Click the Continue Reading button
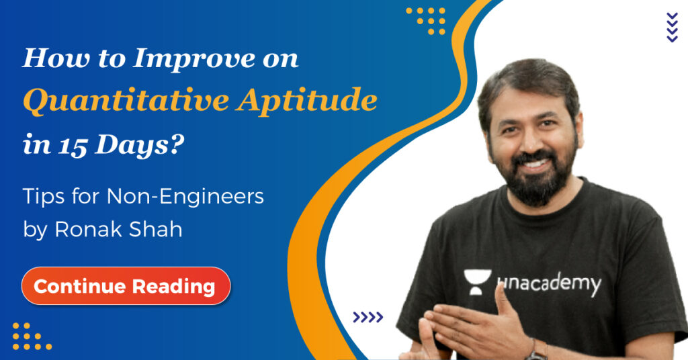pyautogui.click(x=126, y=286)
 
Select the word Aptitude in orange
pyautogui.click(x=307, y=100)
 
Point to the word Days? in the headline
pyautogui.click(x=140, y=146)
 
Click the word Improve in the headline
pyautogui.click(x=194, y=59)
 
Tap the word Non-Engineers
pyautogui.click(x=185, y=196)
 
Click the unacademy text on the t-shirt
pyautogui.click(x=548, y=284)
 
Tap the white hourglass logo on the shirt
pyautogui.click(x=478, y=282)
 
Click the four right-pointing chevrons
pyautogui.click(x=368, y=317)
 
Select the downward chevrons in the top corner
pyautogui.click(x=672, y=27)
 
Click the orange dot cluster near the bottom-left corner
pyautogui.click(x=32, y=336)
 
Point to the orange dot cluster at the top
pyautogui.click(x=425, y=21)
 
